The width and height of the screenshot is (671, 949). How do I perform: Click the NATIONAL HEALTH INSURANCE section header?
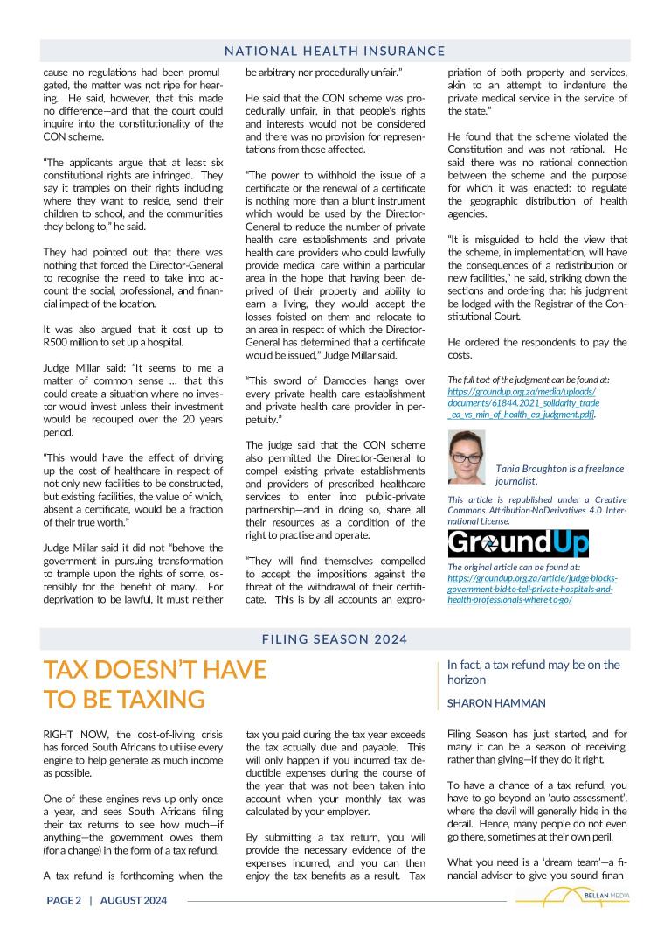tap(335, 52)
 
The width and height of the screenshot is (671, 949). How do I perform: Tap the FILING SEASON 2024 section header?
tap(335, 639)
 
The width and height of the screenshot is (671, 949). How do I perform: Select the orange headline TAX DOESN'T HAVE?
tap(155, 670)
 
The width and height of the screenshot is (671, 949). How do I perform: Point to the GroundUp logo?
tap(517, 543)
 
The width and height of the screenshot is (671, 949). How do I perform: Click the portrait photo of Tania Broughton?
tap(467, 457)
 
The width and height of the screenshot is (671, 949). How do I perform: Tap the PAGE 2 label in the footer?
tap(64, 900)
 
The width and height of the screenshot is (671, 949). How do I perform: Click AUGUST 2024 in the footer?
tap(134, 900)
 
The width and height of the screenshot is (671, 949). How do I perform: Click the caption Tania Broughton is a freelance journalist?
tap(549, 475)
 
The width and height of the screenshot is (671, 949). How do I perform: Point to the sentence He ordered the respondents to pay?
tap(536, 342)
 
